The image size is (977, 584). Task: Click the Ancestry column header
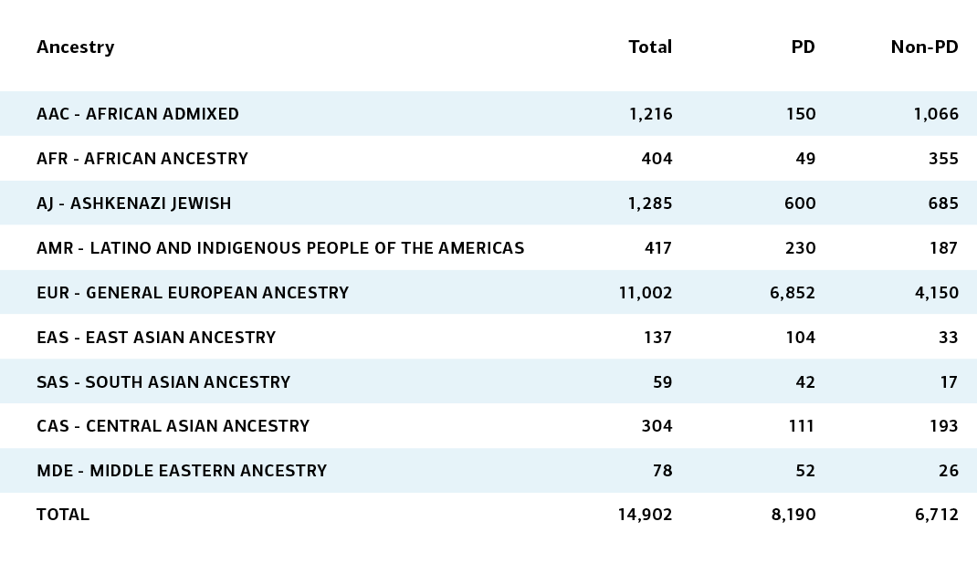[x=76, y=47]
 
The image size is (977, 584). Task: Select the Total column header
[x=650, y=47]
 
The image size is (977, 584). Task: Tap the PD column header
[x=804, y=47]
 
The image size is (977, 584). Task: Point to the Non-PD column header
[x=925, y=47]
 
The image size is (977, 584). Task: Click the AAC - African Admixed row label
[x=138, y=114]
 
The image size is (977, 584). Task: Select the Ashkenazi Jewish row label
[x=134, y=203]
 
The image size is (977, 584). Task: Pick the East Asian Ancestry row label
[x=156, y=338]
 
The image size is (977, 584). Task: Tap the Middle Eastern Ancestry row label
[x=182, y=471]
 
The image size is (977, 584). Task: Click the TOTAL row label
[x=63, y=515]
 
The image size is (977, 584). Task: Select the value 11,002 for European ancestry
[x=646, y=293]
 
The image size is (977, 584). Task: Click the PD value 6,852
[x=793, y=293]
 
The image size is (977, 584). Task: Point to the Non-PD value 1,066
[x=936, y=114]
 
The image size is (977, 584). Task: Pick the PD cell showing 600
[x=800, y=203]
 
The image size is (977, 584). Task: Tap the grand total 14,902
[x=645, y=515]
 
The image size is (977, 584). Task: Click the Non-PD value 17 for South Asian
[x=949, y=382]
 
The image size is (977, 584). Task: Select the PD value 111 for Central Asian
[x=802, y=426]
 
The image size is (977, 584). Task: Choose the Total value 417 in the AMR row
[x=658, y=248]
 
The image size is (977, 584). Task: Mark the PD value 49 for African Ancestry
[x=805, y=159]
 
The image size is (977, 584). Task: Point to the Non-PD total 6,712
[x=937, y=515]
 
